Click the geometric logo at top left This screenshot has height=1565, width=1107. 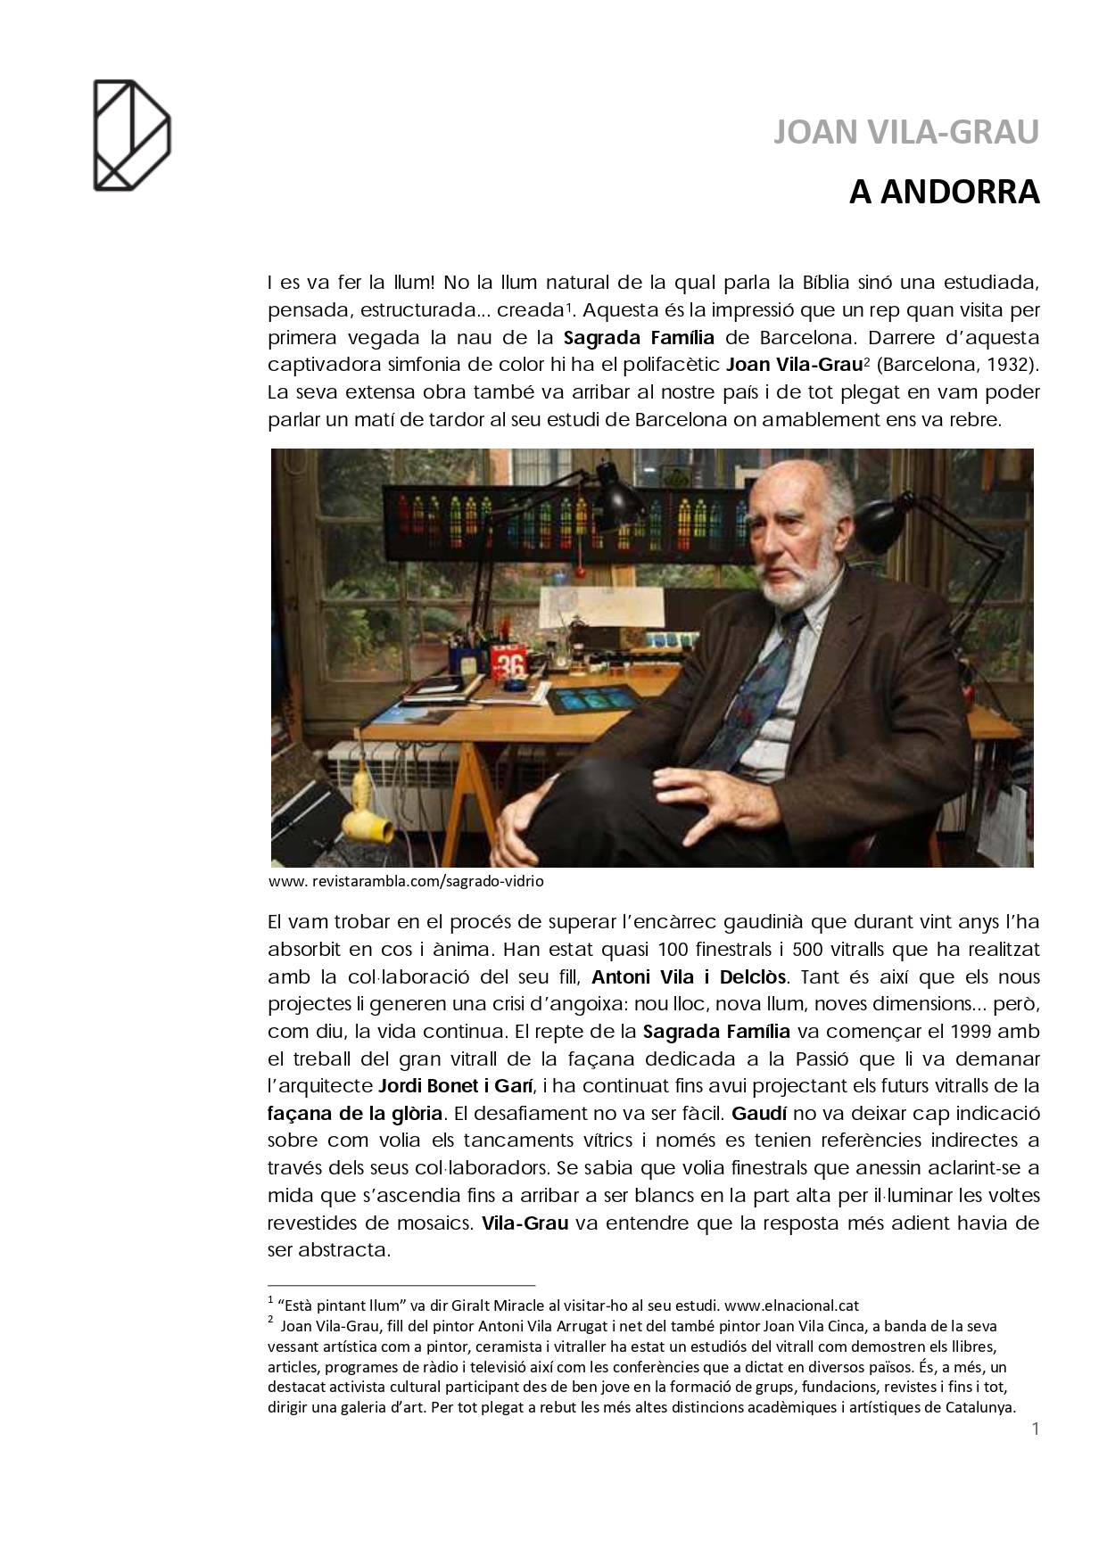131,135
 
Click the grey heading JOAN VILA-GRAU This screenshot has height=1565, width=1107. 905,133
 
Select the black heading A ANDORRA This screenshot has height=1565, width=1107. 944,193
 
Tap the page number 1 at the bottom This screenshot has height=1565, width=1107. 1035,1429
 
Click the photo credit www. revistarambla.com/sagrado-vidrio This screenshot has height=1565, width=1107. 406,881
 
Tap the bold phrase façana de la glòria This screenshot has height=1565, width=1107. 355,1113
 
